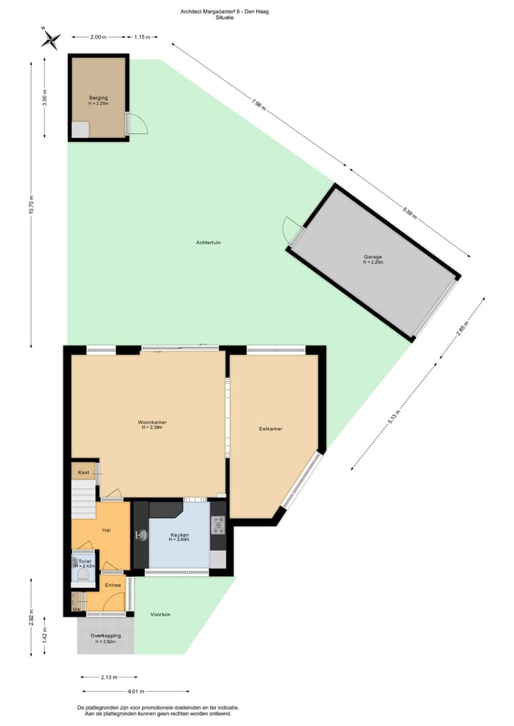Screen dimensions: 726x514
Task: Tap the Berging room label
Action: [x=99, y=97]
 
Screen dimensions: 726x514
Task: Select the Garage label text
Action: [x=373, y=257]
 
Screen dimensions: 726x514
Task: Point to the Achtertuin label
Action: [x=208, y=243]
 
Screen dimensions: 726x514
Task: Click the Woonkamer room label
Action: [x=152, y=423]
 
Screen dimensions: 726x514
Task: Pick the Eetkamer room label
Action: [x=271, y=429]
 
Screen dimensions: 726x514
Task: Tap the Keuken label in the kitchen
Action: [x=178, y=535]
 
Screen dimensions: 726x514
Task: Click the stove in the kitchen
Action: [x=218, y=525]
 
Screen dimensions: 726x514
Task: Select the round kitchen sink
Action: [x=141, y=535]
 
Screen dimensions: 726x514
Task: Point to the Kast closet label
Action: [x=84, y=473]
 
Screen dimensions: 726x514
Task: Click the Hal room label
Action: [x=106, y=530]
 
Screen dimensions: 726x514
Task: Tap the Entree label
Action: [x=113, y=585]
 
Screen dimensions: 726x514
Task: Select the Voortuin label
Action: [x=161, y=614]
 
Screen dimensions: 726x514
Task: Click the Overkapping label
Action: [x=106, y=635]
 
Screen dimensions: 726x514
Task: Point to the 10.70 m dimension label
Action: [x=31, y=206]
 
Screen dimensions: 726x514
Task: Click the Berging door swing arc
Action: [x=138, y=124]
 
